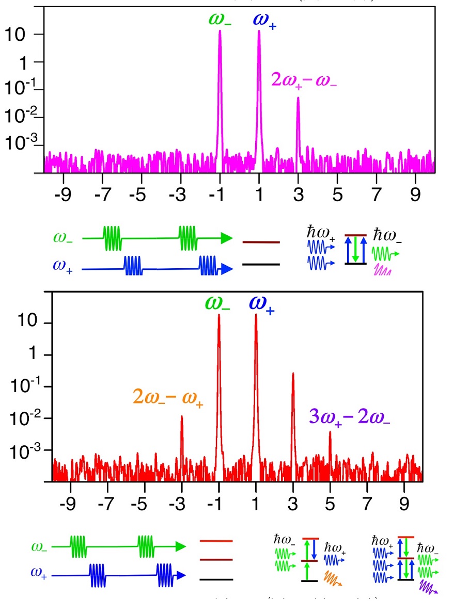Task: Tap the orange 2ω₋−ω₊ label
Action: click(168, 398)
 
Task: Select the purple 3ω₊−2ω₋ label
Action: click(349, 416)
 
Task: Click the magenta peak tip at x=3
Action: click(298, 99)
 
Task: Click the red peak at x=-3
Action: click(182, 417)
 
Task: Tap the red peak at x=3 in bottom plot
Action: click(293, 374)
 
